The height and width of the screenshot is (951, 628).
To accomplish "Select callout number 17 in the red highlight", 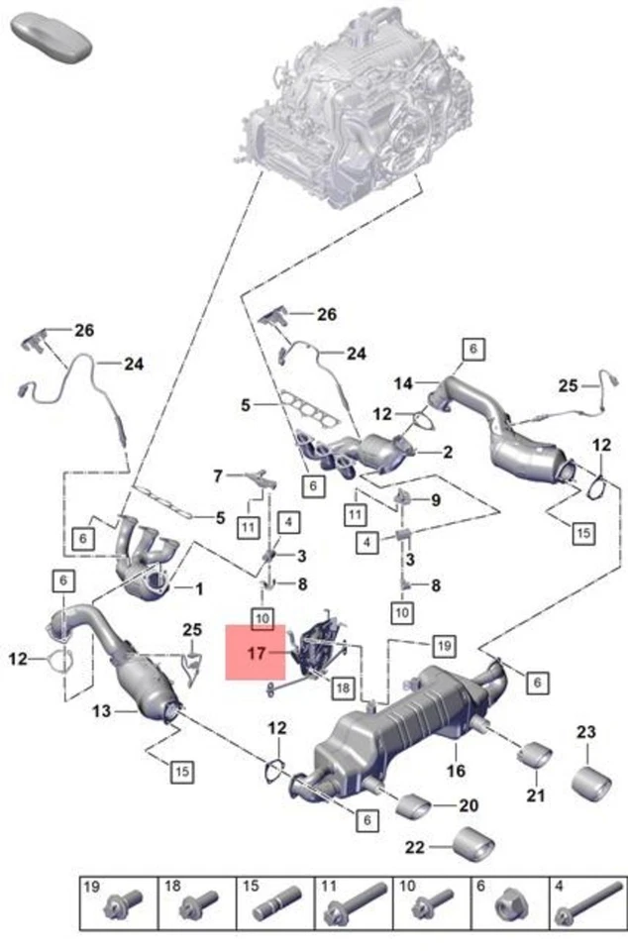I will point(257,653).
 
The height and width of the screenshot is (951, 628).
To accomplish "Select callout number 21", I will point(535,795).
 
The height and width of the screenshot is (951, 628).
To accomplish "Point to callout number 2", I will point(447,452).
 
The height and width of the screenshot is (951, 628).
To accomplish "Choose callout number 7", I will point(219,476).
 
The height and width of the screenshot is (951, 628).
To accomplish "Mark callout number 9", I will point(435,500).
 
